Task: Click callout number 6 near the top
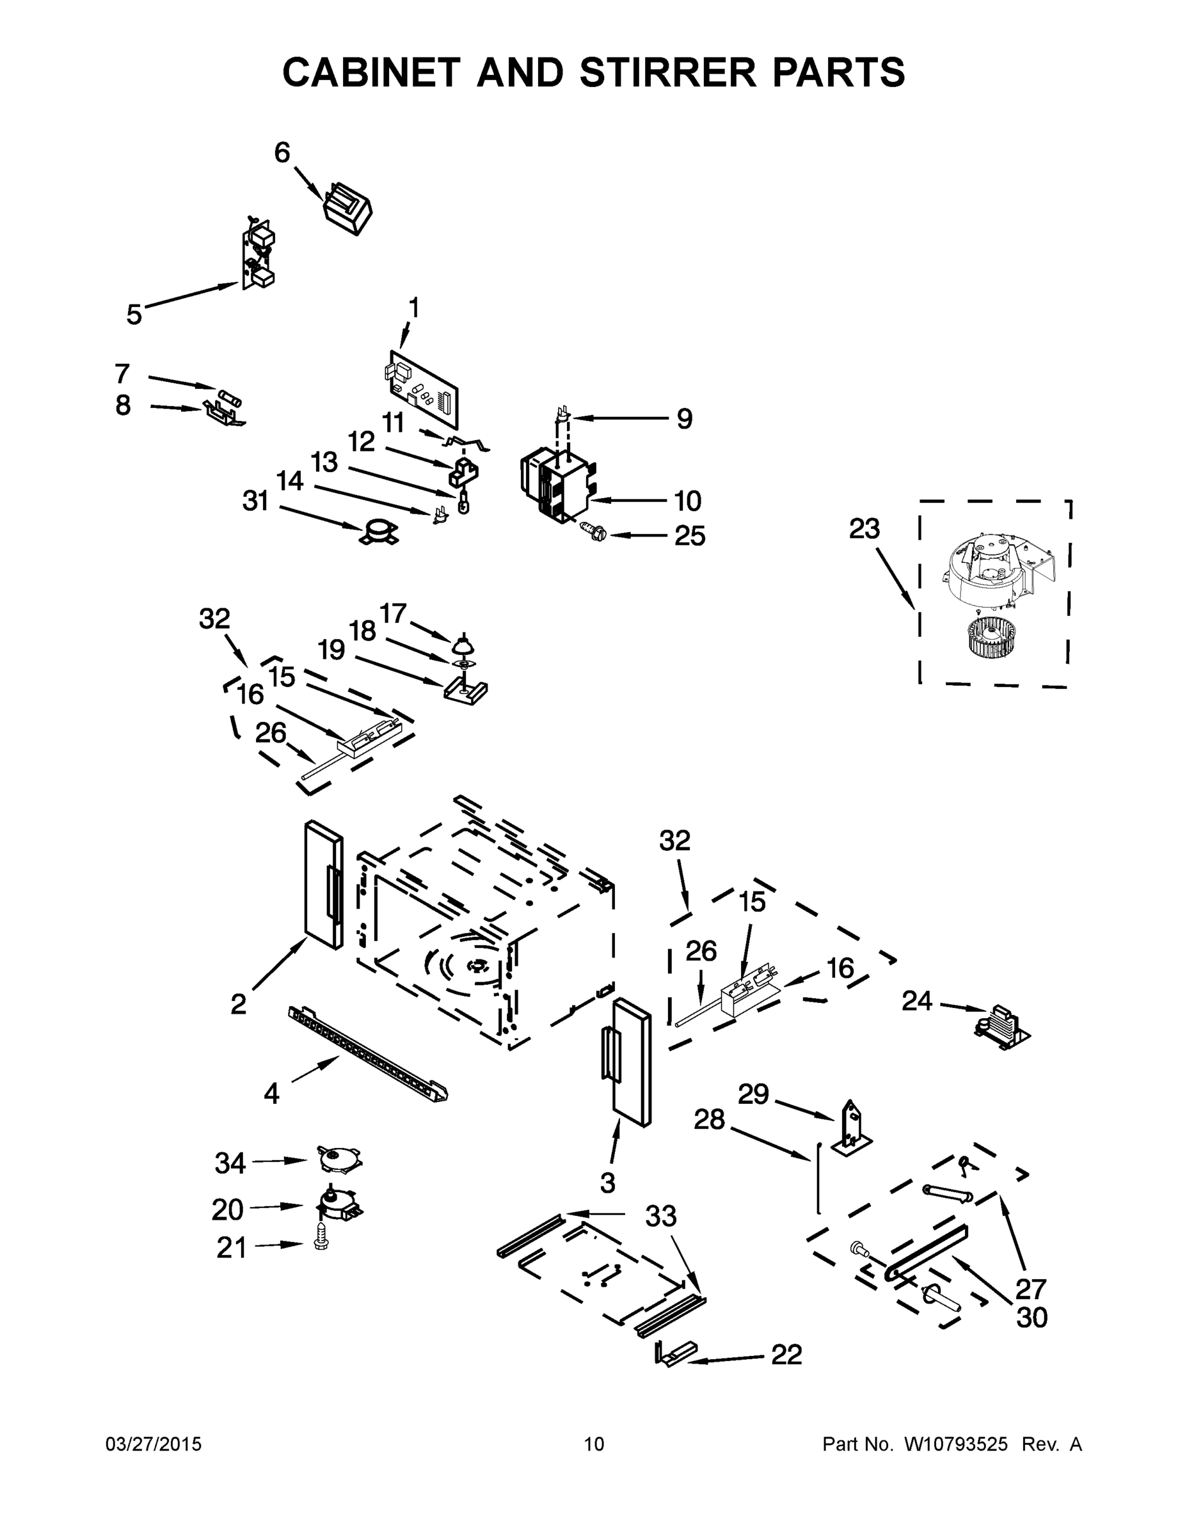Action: (282, 152)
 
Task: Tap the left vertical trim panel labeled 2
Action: (324, 884)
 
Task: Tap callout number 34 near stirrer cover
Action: (230, 1163)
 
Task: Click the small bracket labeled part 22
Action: (676, 1353)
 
